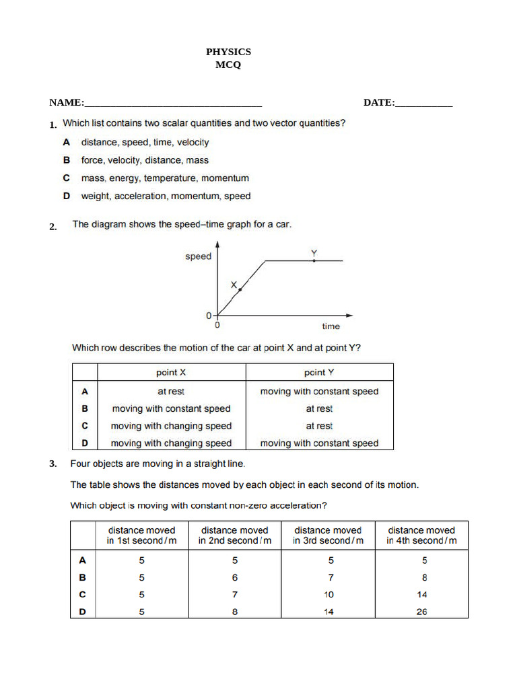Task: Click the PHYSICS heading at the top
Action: pos(228,52)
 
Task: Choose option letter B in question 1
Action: pos(67,160)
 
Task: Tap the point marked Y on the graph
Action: pos(314,260)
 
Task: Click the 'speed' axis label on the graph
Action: pos(198,256)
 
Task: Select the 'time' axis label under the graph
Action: pos(331,326)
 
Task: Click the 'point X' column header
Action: pos(171,373)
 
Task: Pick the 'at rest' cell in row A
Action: pos(171,392)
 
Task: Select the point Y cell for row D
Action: pos(319,443)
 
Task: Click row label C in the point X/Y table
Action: pos(85,426)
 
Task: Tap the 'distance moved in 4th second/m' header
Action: pos(421,535)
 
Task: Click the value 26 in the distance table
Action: pos(421,612)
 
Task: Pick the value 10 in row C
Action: pos(329,595)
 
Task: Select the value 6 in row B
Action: pos(235,577)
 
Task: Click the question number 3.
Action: pos(53,464)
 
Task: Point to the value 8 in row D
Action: pos(235,612)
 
